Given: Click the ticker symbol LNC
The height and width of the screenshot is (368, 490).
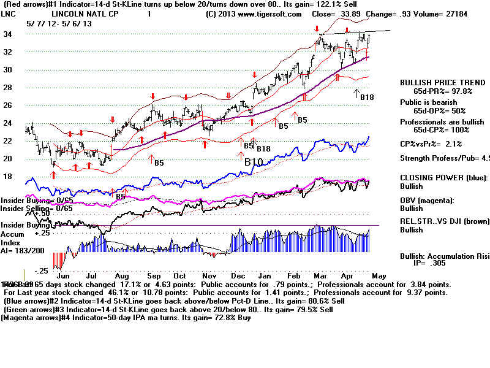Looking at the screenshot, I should [x=9, y=13].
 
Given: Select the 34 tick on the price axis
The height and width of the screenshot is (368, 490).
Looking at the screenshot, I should [x=8, y=34].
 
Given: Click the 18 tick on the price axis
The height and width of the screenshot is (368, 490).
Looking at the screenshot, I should [x=8, y=176].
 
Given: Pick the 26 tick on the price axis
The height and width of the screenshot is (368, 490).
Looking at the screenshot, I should [x=8, y=105].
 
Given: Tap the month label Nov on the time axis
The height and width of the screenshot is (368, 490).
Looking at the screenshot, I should [x=208, y=277].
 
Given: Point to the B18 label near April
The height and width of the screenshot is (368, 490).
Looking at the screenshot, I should [x=366, y=97].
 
